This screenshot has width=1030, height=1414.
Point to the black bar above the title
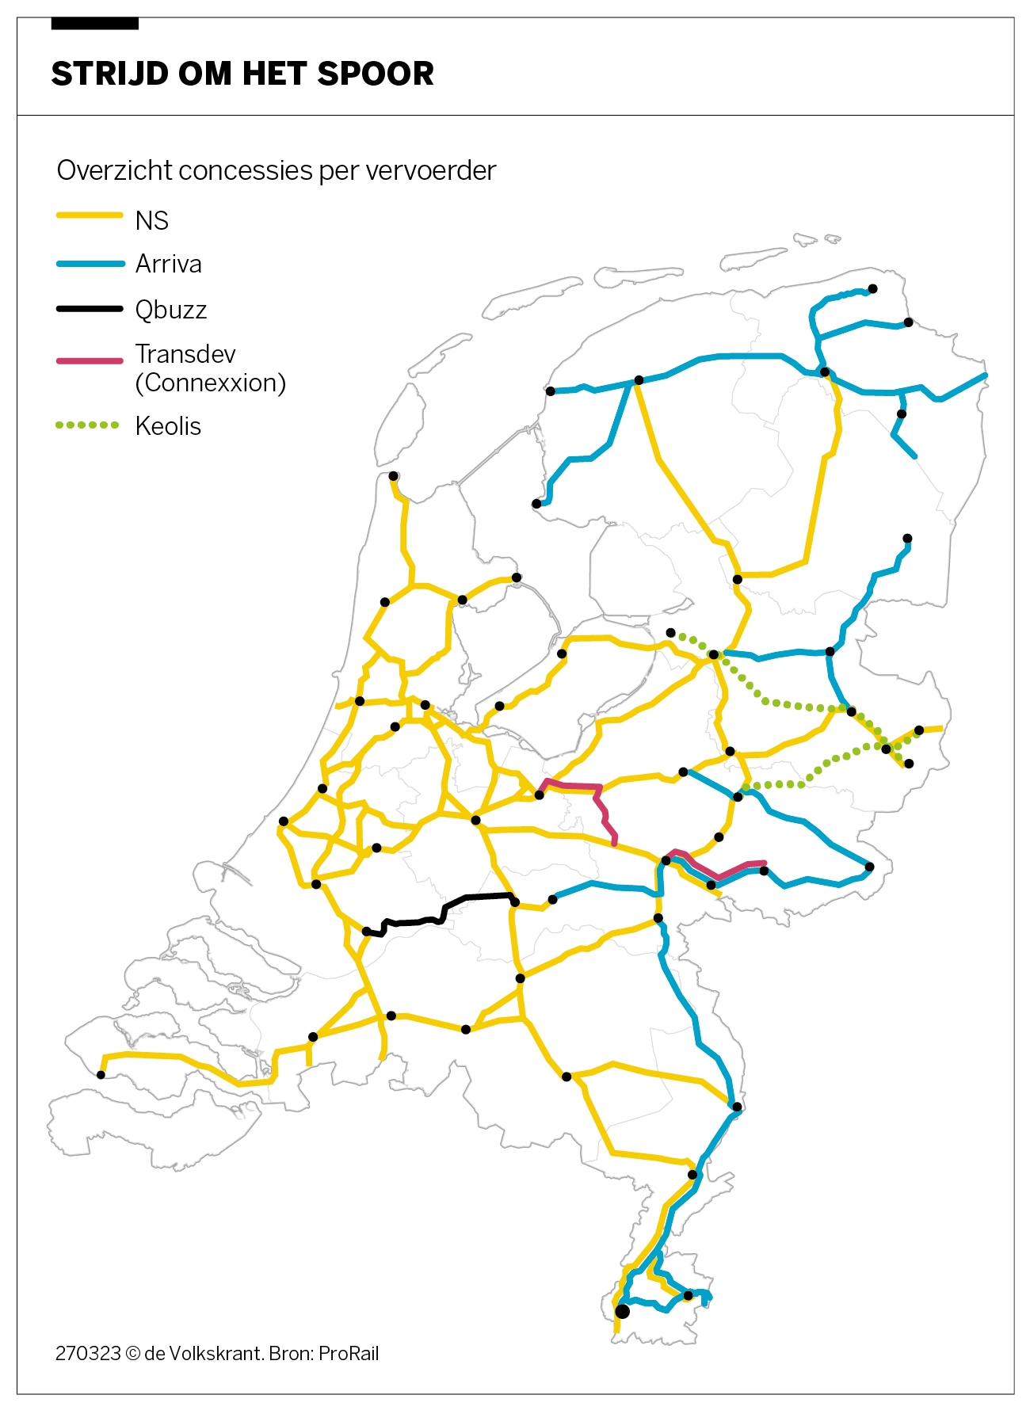pyautogui.click(x=94, y=25)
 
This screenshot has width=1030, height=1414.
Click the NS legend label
pyautogui.click(x=151, y=220)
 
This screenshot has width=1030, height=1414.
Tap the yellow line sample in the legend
pyautogui.click(x=90, y=215)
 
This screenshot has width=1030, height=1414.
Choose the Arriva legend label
pyautogui.click(x=168, y=264)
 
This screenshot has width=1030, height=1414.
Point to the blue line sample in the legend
pyautogui.click(x=90, y=264)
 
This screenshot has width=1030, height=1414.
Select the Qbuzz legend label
pyautogui.click(x=170, y=310)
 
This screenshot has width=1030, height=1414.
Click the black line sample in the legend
pyautogui.click(x=90, y=308)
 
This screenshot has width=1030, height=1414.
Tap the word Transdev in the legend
pyautogui.click(x=185, y=353)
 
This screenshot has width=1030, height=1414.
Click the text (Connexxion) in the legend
pyautogui.click(x=210, y=383)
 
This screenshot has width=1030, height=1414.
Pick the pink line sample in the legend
pyautogui.click(x=90, y=361)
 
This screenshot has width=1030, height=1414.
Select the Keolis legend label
pyautogui.click(x=168, y=426)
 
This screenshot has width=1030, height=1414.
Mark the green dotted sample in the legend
pyautogui.click(x=87, y=425)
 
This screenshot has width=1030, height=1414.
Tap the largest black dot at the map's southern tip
pyautogui.click(x=622, y=1311)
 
